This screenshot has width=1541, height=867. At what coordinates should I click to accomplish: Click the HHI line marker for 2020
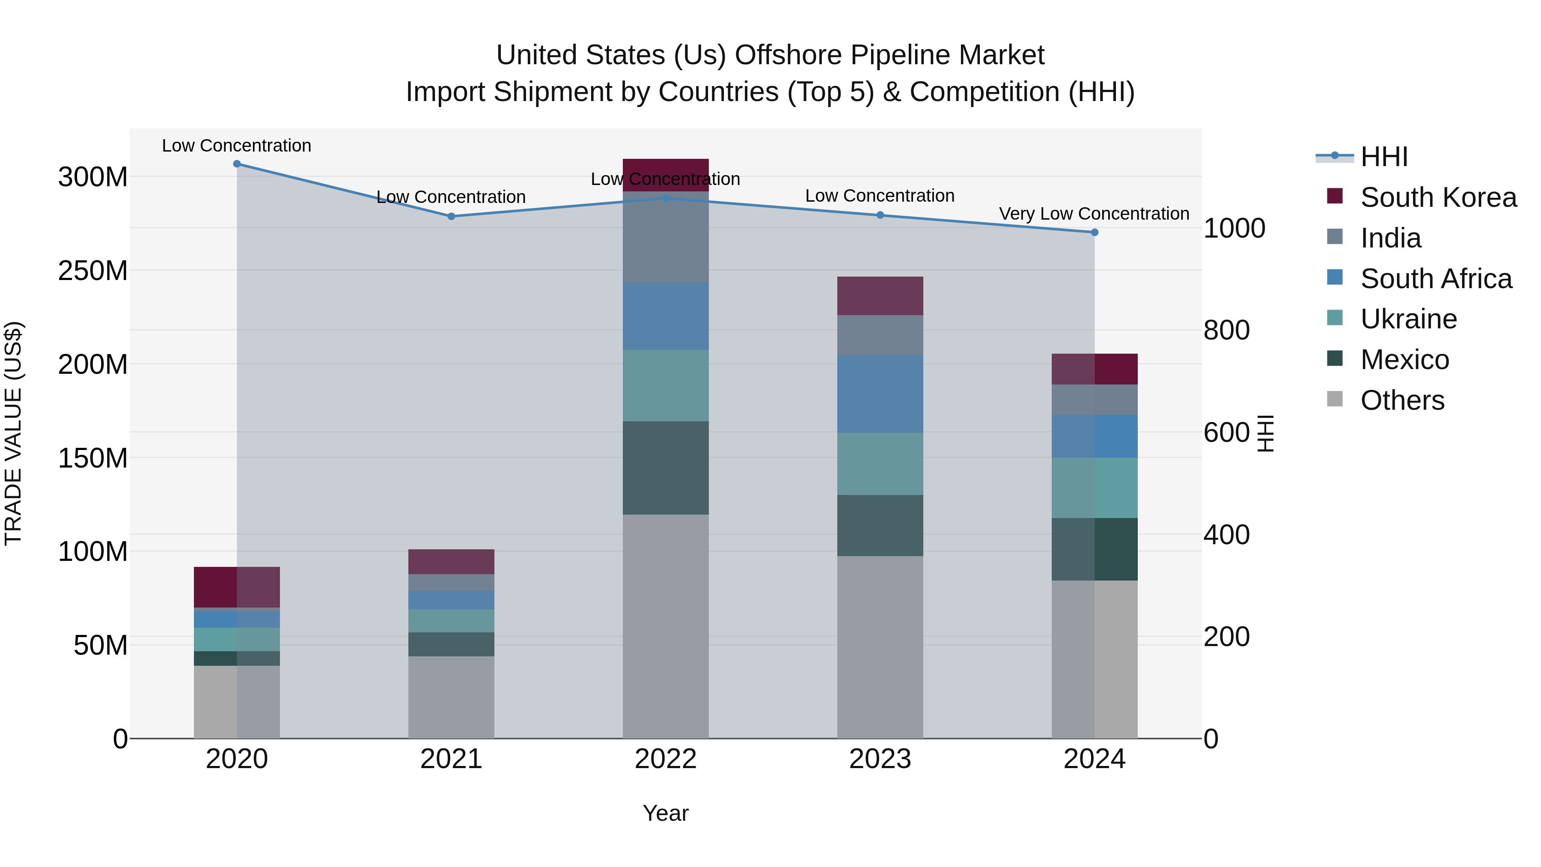coord(237,164)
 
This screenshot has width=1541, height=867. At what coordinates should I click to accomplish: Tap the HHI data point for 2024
coord(1094,232)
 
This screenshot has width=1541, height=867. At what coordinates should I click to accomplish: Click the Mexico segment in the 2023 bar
coord(880,525)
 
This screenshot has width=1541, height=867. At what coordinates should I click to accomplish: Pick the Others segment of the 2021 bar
coord(451,697)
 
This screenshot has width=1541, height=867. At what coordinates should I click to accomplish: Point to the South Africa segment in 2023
coord(880,394)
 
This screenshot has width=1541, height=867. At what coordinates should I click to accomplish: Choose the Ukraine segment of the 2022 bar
coord(665,385)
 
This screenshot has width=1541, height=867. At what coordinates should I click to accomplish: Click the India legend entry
coord(1390,238)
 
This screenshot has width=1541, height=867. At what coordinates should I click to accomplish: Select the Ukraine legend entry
coord(1408,319)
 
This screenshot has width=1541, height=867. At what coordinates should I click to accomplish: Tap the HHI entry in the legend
coord(1383,157)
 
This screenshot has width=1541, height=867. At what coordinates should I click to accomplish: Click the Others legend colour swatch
coord(1335,399)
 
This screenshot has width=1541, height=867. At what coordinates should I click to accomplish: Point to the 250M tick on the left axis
coord(93,271)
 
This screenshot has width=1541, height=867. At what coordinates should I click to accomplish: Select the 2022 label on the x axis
coord(665,759)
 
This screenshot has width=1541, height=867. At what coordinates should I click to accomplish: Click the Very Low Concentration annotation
coord(1094,214)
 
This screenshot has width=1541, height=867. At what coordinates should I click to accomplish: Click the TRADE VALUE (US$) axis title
coord(14,433)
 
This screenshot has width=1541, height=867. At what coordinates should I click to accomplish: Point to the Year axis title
coord(665,813)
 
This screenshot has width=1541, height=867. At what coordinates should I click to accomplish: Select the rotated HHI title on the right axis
coord(1266,433)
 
